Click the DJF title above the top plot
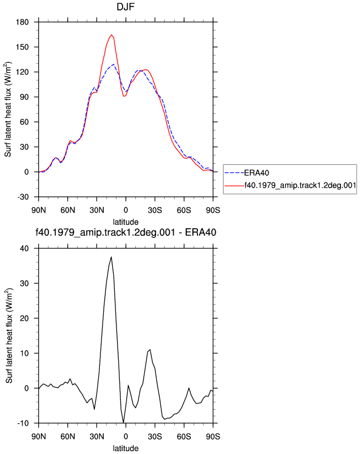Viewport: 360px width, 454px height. point(125,7)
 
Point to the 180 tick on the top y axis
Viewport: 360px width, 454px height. point(23,22)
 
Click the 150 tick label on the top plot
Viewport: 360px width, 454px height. point(23,47)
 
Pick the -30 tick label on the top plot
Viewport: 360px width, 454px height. point(23,197)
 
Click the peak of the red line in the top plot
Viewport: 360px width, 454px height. point(111,35)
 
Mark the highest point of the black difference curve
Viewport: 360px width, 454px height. point(111,257)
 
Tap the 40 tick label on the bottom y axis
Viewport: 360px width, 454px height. point(24,249)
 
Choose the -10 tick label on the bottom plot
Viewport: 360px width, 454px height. point(23,423)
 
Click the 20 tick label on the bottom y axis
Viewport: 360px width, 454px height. point(24,318)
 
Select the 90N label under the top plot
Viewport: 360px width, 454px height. point(38,210)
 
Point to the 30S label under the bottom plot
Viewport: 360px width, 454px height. point(155,436)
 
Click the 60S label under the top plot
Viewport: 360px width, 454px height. point(184,210)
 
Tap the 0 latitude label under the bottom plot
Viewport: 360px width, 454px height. point(126,436)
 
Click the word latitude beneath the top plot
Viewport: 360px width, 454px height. point(125,222)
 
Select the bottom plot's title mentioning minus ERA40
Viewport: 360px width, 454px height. point(125,232)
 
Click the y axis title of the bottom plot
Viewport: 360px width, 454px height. point(9,336)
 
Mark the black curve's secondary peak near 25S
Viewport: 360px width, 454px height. point(150,350)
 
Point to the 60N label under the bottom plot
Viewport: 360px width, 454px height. point(68,436)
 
